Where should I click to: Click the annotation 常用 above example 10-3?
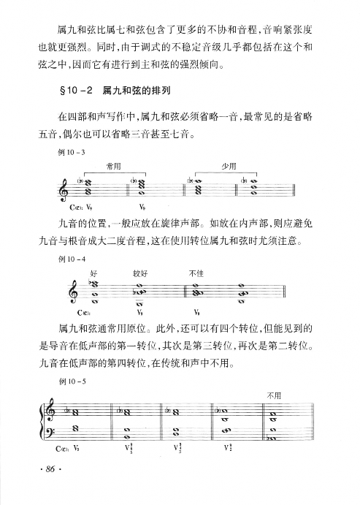point(113,167)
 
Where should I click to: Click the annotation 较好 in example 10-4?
point(141,273)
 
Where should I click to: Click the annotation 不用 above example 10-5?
point(273,395)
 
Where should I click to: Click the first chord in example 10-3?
point(90,187)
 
